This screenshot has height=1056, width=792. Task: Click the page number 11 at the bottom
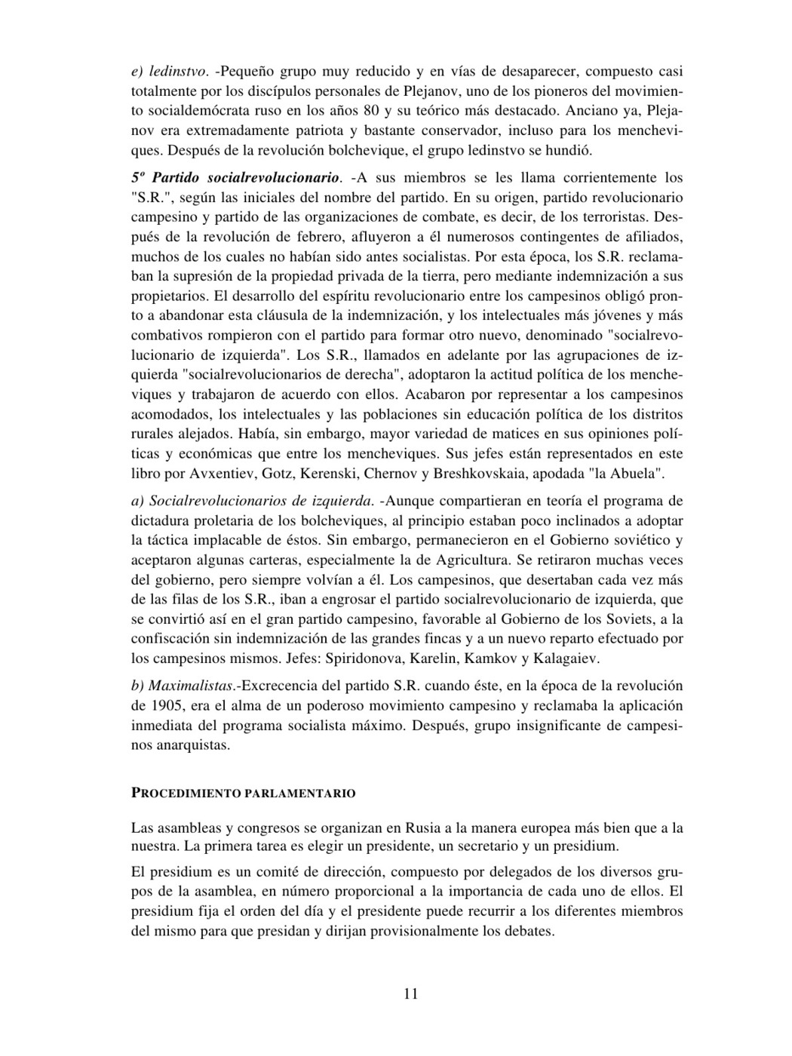click(410, 993)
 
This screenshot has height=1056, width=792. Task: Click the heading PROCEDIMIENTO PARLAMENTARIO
click(243, 794)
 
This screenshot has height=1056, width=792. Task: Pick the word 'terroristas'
click(632, 217)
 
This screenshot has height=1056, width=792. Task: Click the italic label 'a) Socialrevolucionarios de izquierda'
click(252, 501)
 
